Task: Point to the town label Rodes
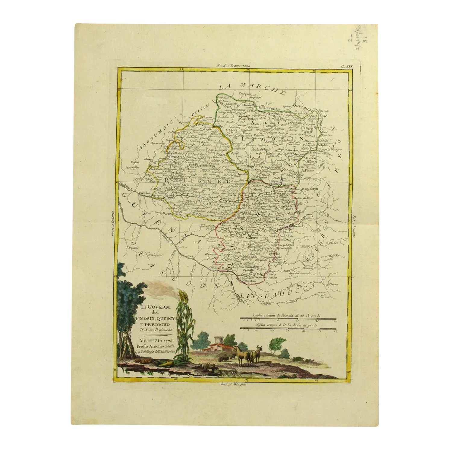coord(334,242)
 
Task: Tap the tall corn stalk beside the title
coord(182,326)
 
